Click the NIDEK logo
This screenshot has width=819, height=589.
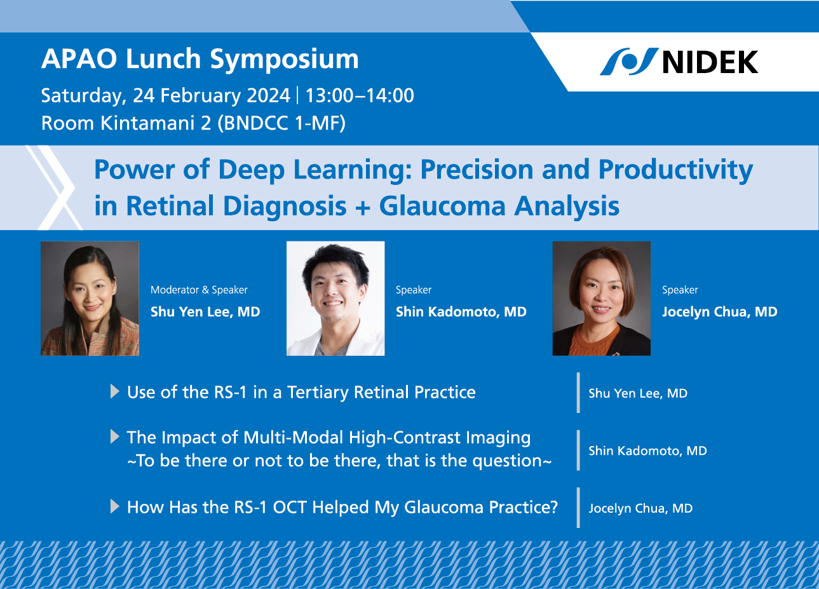[679, 62]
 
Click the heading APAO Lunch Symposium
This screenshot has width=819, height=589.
[200, 59]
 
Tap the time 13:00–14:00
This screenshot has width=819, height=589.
[360, 96]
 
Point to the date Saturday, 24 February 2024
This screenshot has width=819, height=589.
[165, 96]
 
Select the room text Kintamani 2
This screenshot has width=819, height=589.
[156, 123]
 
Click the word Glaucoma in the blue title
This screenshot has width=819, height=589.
[442, 206]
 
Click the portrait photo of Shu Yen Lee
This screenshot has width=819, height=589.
[90, 299]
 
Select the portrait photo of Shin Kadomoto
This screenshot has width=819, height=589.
[335, 299]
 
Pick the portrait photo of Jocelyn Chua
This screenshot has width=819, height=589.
[602, 299]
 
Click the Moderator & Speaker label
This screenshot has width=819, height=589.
[199, 290]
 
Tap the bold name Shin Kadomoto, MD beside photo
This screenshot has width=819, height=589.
[461, 312]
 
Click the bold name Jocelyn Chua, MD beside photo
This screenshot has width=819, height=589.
[719, 312]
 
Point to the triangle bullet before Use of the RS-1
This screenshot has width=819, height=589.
[115, 391]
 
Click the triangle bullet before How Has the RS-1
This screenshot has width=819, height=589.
[115, 506]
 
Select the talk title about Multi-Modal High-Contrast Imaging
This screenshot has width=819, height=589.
[328, 438]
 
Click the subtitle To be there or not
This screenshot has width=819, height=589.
[339, 461]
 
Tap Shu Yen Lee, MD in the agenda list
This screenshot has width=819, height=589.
[638, 393]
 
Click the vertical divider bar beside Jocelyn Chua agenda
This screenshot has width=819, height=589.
[578, 508]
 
